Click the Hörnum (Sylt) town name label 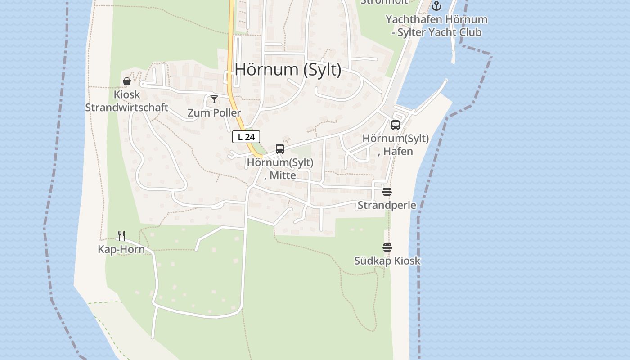pyautogui.click(x=288, y=70)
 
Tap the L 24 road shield pyautogui.click(x=246, y=137)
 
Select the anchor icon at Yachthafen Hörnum pyautogui.click(x=436, y=6)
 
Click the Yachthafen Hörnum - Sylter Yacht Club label pyautogui.click(x=436, y=26)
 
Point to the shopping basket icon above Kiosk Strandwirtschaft pyautogui.click(x=127, y=81)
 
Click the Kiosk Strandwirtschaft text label pyautogui.click(x=127, y=101)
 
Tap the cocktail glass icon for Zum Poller pyautogui.click(x=214, y=99)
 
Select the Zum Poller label pyautogui.click(x=214, y=112)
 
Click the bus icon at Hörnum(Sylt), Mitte pyautogui.click(x=280, y=149)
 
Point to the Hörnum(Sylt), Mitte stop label pyautogui.click(x=280, y=169)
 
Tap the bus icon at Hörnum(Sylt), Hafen pyautogui.click(x=396, y=125)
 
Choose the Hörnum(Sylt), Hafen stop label pyautogui.click(x=396, y=144)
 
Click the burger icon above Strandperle pyautogui.click(x=387, y=192)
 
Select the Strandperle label pyautogui.click(x=387, y=205)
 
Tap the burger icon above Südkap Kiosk pyautogui.click(x=387, y=247)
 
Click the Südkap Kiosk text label pyautogui.click(x=387, y=261)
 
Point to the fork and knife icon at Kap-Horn pyautogui.click(x=121, y=235)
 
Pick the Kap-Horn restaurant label pyautogui.click(x=121, y=249)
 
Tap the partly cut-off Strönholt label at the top pyautogui.click(x=385, y=2)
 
